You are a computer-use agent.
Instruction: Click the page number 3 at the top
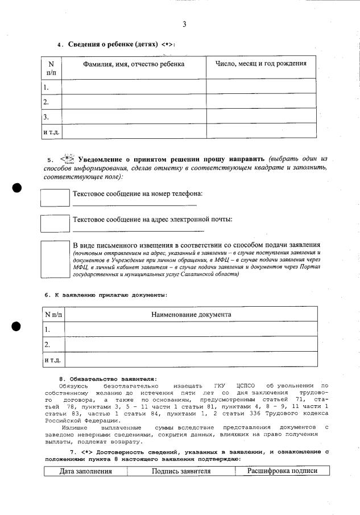(184, 24)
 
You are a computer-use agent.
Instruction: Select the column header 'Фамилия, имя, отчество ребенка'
(133, 64)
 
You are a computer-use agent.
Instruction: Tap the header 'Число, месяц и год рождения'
(260, 64)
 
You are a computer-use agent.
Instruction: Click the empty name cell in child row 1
(133, 87)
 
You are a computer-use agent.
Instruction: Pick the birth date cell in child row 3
(260, 117)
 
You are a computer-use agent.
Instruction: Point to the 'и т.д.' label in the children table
(52, 131)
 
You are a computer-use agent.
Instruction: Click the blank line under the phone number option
(134, 205)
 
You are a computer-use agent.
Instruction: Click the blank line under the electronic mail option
(138, 230)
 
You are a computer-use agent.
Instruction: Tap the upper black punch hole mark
(16, 189)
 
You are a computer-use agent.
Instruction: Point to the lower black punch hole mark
(16, 326)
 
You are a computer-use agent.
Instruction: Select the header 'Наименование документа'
(191, 314)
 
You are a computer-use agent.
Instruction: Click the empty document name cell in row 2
(191, 344)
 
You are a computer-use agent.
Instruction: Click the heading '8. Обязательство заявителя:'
(108, 379)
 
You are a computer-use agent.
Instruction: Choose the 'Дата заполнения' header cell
(86, 471)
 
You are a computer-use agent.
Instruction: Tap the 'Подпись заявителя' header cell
(181, 471)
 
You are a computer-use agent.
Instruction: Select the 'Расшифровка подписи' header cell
(279, 471)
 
